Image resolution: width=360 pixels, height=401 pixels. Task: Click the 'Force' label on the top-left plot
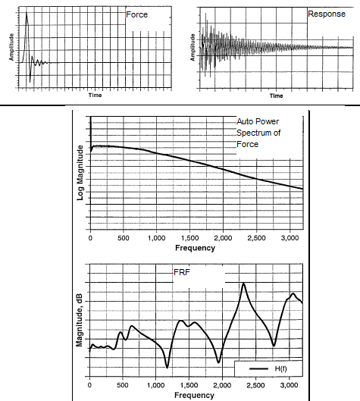[136, 14]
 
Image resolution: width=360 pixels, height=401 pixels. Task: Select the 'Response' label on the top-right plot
[327, 14]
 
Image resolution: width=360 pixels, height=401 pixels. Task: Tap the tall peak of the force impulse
[27, 12]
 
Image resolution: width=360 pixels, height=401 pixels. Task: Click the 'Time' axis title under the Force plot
[95, 96]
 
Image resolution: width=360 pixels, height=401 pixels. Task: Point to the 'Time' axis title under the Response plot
[276, 96]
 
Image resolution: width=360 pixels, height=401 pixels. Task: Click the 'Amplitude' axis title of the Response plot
[193, 47]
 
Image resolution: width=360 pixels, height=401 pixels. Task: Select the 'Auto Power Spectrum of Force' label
[258, 133]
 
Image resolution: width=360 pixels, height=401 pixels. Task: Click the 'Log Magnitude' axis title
[80, 173]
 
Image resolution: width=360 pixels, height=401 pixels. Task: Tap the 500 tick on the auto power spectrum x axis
[124, 238]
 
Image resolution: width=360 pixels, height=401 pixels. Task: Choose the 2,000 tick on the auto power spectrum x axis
[223, 238]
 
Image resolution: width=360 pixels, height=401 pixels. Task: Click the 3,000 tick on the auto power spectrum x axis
[290, 238]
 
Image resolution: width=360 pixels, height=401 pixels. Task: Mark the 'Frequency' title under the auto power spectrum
[195, 248]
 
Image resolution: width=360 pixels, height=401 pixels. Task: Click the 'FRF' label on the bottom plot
[182, 272]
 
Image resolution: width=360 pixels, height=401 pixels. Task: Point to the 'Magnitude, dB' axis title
[80, 320]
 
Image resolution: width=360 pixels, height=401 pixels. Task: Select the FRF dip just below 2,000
[218, 362]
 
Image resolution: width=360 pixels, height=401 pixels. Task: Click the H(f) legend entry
[268, 368]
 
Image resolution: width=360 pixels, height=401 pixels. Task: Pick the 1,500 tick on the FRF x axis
[189, 385]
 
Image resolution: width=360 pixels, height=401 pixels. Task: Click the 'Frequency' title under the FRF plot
[194, 395]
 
